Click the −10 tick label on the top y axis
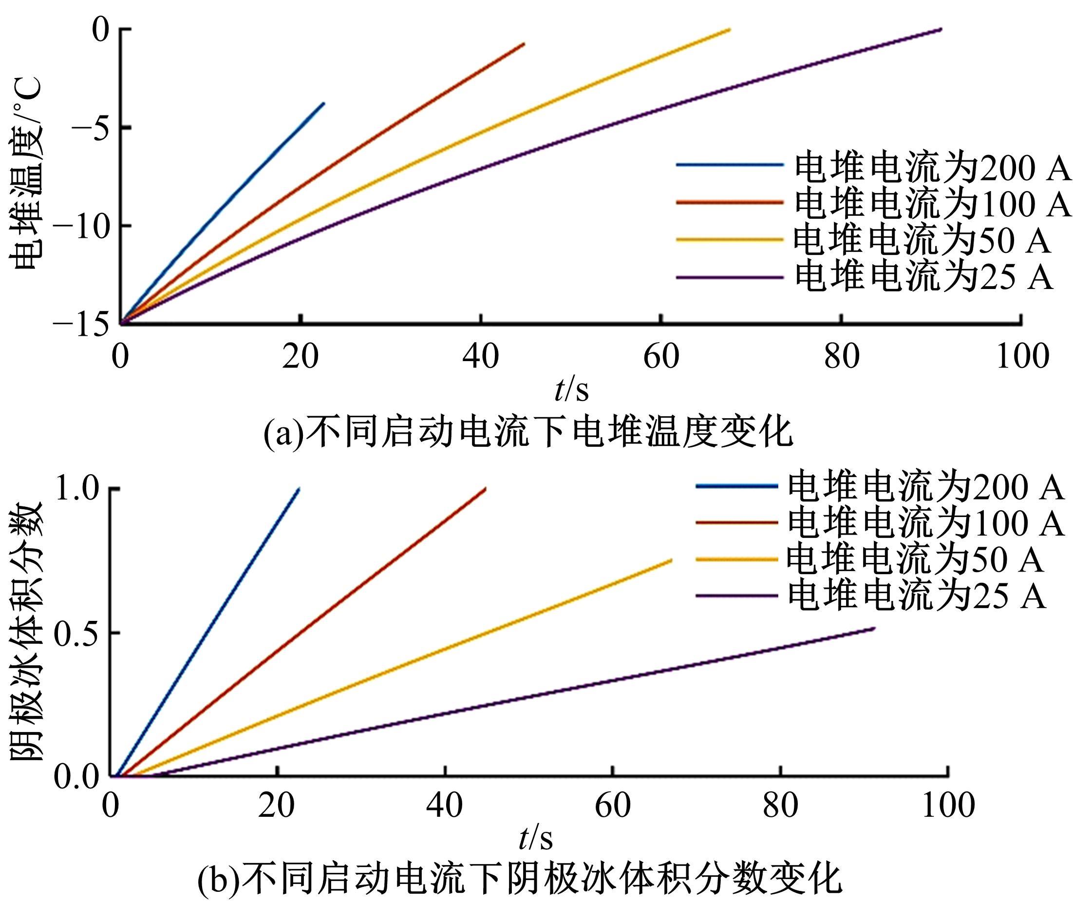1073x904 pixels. [x=85, y=227]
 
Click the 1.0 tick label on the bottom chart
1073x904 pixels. [x=77, y=489]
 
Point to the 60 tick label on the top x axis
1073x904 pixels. [x=661, y=357]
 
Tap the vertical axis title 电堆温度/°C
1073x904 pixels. [x=26, y=174]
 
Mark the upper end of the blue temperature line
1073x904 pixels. [x=324, y=103]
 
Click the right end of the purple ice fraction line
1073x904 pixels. [x=874, y=628]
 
